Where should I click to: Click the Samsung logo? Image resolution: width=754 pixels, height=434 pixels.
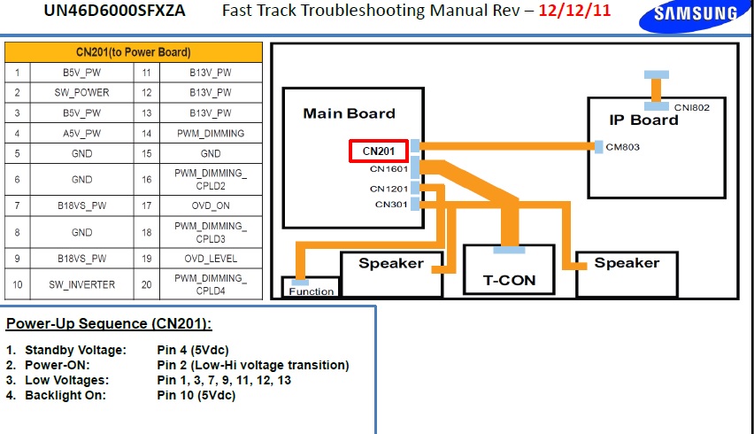pos(696,14)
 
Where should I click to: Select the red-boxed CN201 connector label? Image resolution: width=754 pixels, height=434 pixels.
pos(379,151)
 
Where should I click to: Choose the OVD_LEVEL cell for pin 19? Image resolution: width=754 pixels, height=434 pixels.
pos(211,259)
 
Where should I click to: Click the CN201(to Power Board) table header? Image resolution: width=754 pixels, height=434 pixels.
pos(134,52)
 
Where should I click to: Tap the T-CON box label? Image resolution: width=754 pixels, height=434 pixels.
pos(509,280)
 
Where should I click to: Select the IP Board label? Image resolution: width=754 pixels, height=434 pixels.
pos(643,120)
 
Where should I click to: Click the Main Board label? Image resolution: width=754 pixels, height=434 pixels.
pos(349,113)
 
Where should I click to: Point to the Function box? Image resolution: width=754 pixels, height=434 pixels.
pos(312,291)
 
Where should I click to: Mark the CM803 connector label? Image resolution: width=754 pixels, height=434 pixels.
pos(622,147)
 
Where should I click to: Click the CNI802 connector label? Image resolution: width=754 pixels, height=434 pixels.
pos(691,107)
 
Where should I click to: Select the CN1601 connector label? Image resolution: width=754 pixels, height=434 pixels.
pos(389,169)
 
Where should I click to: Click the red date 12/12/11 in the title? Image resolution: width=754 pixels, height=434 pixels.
pos(575,12)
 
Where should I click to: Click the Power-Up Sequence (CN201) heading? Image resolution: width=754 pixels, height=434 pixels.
pos(110,323)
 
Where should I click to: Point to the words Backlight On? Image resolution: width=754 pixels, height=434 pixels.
pos(65,395)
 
